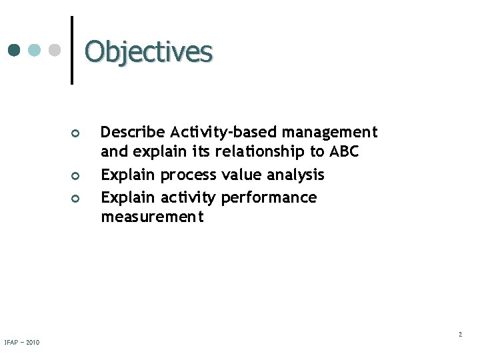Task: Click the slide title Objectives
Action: pos(149,51)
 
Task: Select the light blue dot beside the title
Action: pos(35,50)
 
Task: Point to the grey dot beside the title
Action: pos(56,50)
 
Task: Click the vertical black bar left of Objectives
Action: pos(71,50)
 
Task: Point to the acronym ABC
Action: pos(343,152)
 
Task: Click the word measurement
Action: pos(152,217)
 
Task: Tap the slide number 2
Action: pos(460,335)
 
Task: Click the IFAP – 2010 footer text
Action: pos(21,343)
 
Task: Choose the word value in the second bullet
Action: pos(241,175)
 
